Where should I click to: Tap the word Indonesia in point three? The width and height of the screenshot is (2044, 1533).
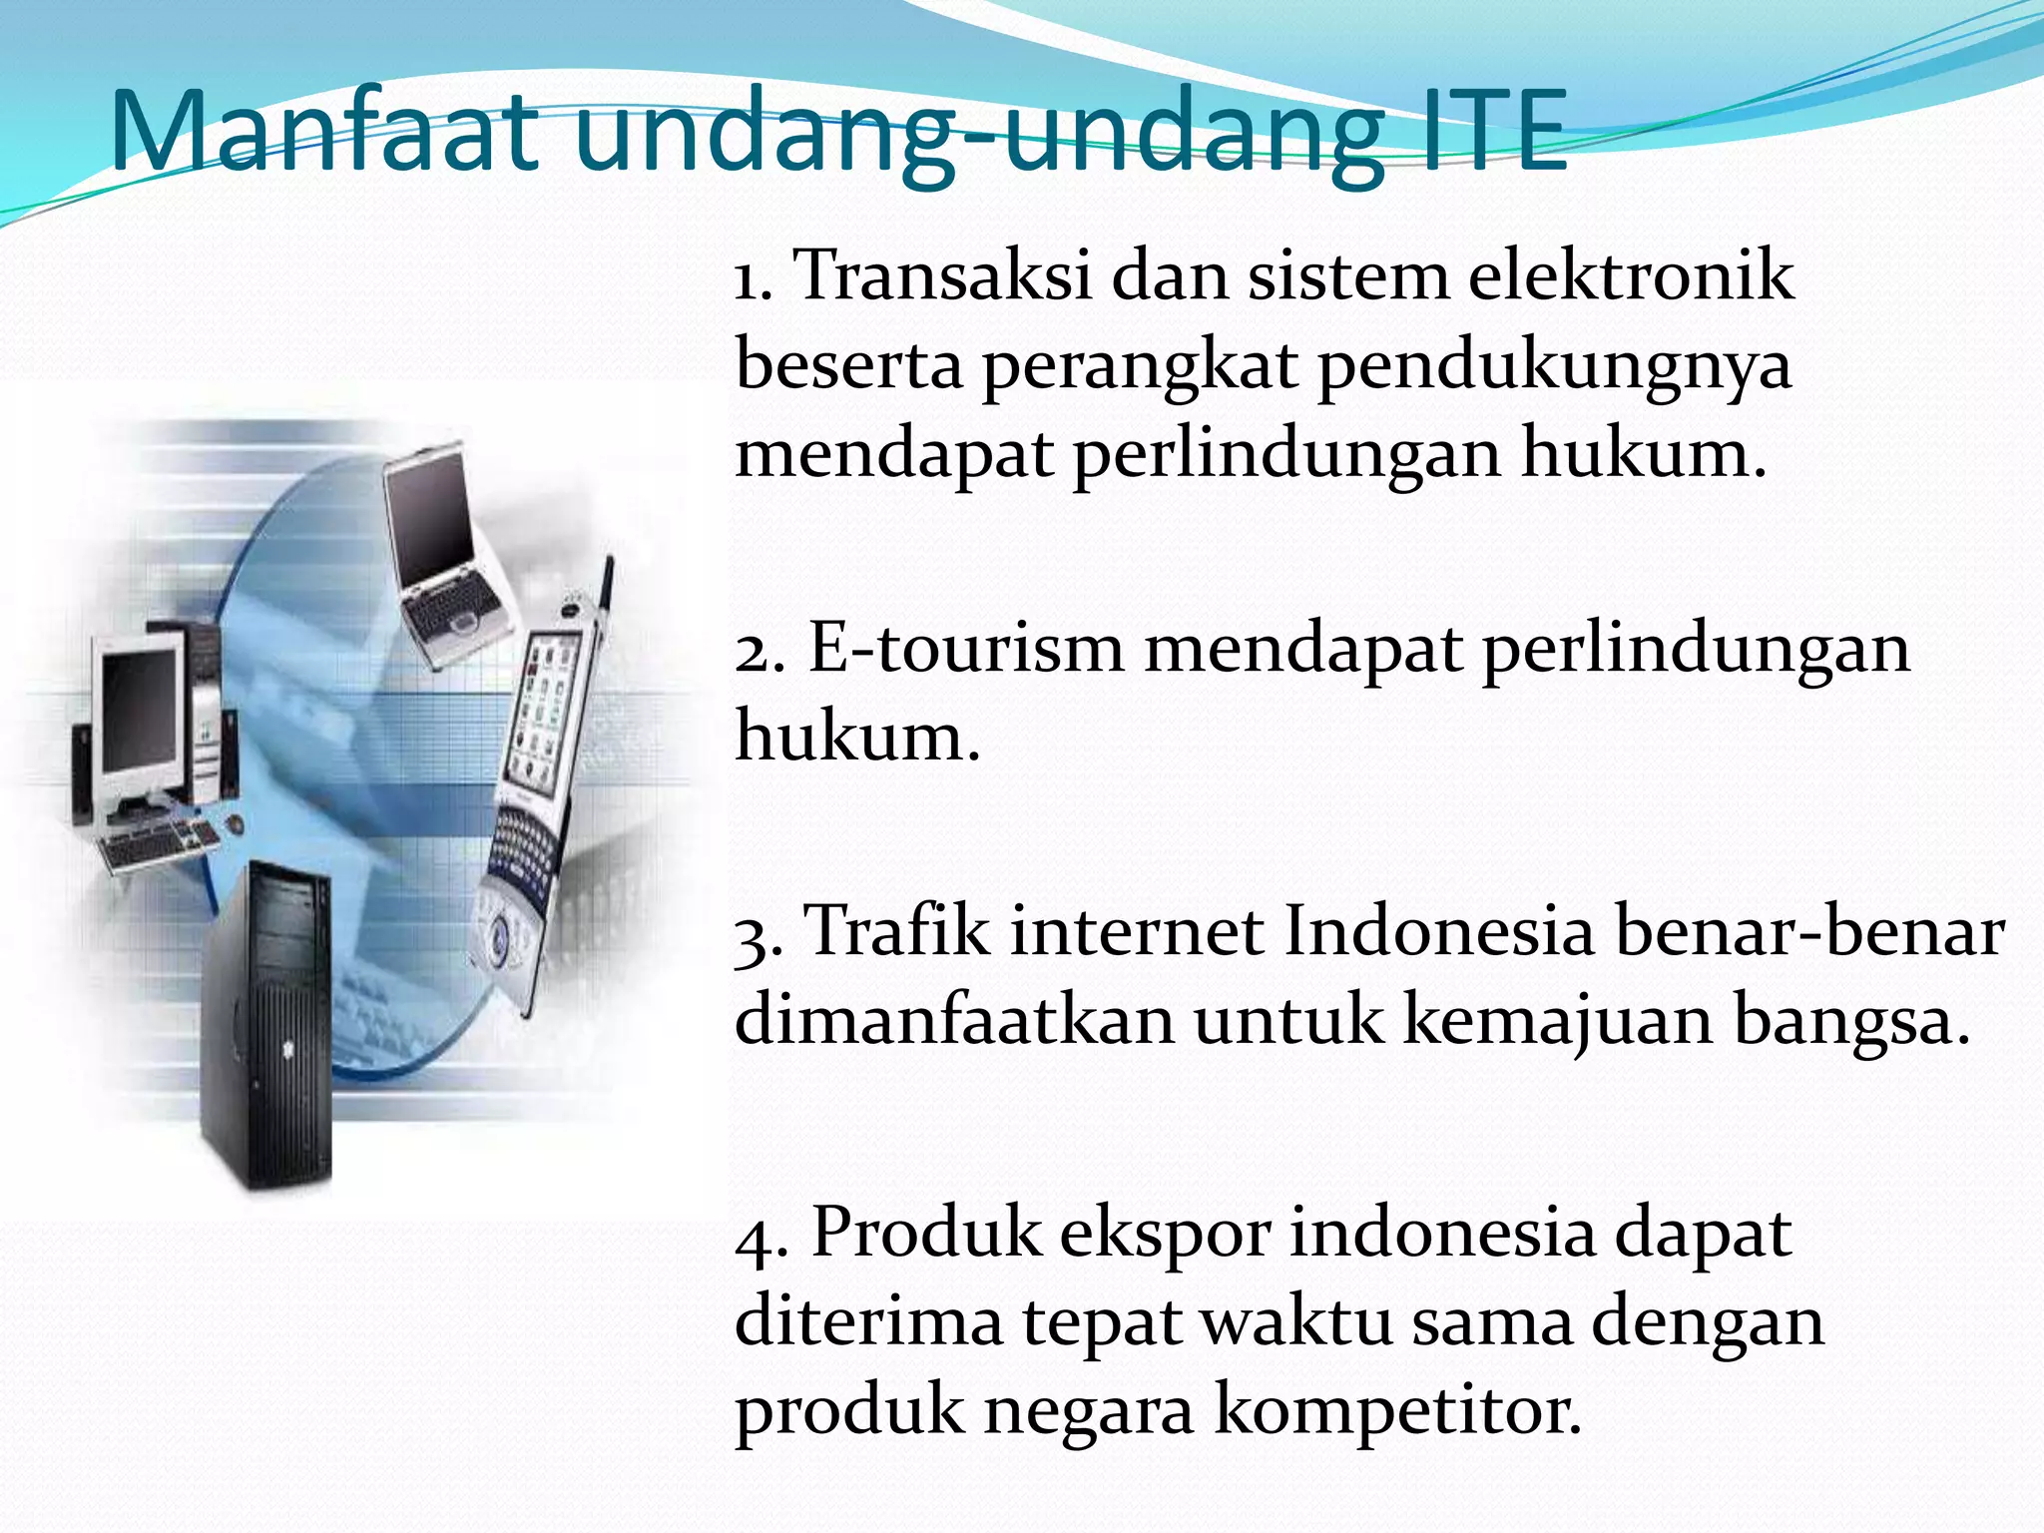1438,931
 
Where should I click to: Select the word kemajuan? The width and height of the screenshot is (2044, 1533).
1557,1021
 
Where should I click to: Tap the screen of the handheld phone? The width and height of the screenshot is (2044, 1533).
544,709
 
